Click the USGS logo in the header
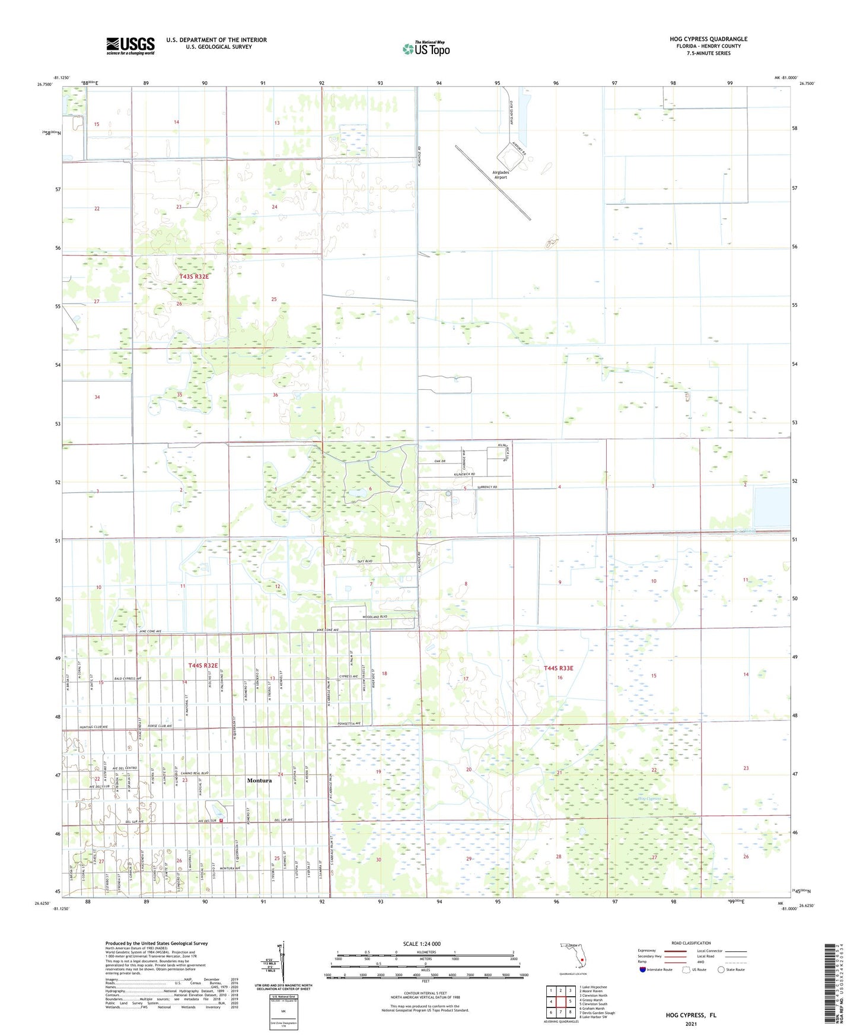click(x=130, y=46)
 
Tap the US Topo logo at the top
click(x=426, y=49)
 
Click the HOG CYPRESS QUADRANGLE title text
click(x=708, y=39)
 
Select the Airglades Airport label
click(x=501, y=174)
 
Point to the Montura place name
click(x=259, y=780)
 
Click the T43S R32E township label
click(x=194, y=277)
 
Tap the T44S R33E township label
click(x=558, y=668)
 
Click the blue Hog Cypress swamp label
click(x=649, y=799)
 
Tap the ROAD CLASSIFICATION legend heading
click(x=691, y=943)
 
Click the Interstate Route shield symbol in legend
click(x=643, y=970)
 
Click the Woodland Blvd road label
click(x=375, y=616)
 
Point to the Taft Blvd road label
click(x=364, y=561)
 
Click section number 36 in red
click(x=275, y=395)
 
